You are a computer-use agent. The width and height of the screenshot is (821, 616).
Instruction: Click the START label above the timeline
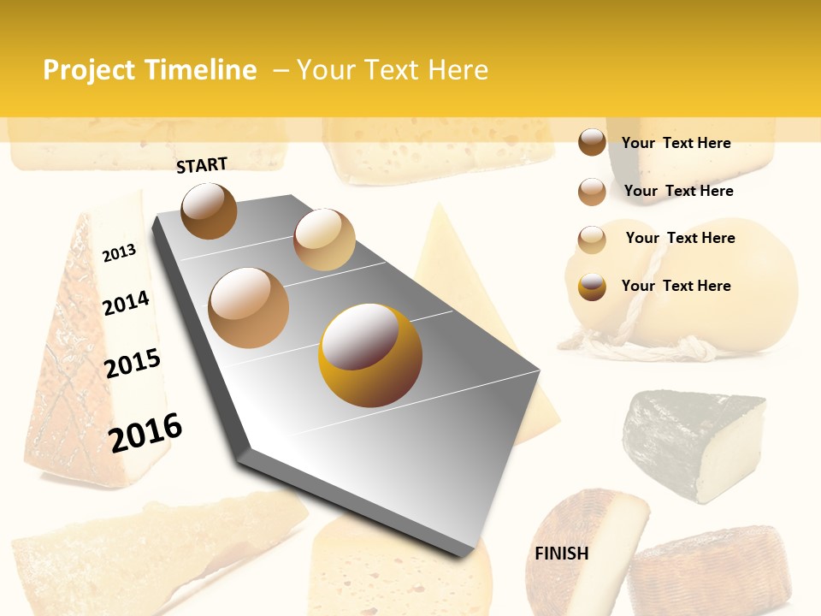click(x=202, y=165)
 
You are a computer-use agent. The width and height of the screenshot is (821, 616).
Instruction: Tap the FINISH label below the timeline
click(x=562, y=554)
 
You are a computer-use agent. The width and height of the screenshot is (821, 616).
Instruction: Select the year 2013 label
click(x=119, y=253)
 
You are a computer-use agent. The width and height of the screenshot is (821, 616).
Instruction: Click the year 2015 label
click(x=133, y=364)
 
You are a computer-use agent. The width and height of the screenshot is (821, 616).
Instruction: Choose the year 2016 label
click(x=145, y=432)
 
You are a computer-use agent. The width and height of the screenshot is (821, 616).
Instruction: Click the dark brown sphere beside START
click(x=209, y=210)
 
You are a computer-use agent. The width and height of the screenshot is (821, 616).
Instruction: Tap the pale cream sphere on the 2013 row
click(x=324, y=240)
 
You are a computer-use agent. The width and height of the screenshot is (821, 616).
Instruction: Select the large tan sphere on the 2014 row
click(x=249, y=308)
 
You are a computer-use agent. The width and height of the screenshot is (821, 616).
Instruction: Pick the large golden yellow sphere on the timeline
click(x=370, y=355)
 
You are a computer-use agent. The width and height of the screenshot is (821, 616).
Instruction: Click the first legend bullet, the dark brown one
click(x=592, y=143)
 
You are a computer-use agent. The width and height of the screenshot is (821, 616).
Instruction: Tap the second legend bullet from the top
click(x=592, y=192)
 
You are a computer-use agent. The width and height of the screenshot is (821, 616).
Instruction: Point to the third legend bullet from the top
click(x=592, y=240)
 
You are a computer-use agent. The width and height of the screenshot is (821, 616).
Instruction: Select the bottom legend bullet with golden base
click(x=592, y=287)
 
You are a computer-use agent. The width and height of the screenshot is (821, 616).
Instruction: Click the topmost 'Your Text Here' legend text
click(x=676, y=143)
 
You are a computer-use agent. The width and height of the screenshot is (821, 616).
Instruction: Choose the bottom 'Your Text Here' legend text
click(x=676, y=286)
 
